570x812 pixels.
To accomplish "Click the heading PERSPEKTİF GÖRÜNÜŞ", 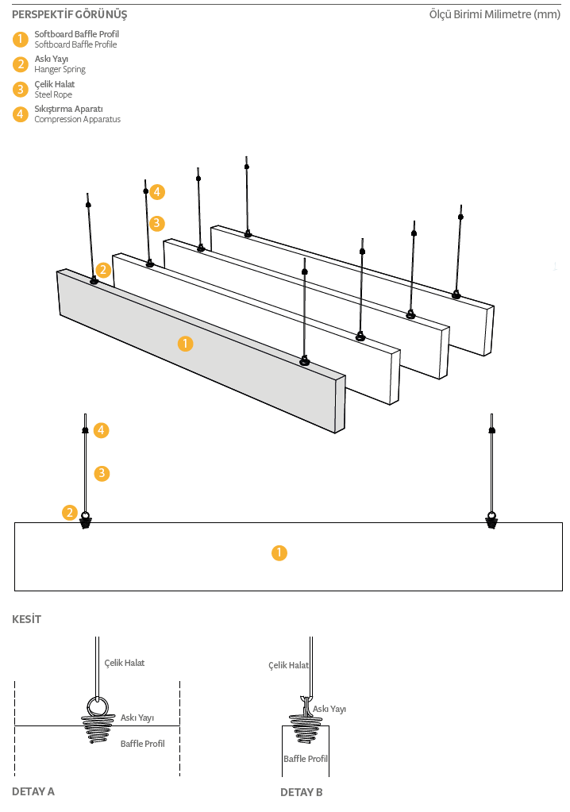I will tap(69, 14).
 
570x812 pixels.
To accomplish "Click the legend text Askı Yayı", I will tap(51, 60).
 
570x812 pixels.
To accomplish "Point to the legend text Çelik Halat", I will tap(55, 84).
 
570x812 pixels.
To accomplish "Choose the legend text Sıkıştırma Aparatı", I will tap(68, 109).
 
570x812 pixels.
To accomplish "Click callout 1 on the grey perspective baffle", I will tap(185, 344).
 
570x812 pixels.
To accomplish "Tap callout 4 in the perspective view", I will tap(157, 191).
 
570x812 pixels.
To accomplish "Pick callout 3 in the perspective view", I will tap(157, 223).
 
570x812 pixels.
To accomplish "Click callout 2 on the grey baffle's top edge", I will tap(102, 270).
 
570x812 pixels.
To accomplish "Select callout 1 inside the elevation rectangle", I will tap(279, 553).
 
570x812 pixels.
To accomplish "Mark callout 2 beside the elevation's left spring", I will tap(71, 513).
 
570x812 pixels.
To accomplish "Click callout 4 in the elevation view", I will tap(101, 430).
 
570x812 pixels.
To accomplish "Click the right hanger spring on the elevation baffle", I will tap(492, 520).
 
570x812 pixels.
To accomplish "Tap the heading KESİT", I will tap(26, 619).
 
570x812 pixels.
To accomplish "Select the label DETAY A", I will tap(33, 791).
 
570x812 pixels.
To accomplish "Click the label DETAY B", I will tap(302, 792).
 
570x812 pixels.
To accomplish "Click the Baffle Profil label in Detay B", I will tap(306, 759).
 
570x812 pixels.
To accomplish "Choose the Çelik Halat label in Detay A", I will tap(125, 663).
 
